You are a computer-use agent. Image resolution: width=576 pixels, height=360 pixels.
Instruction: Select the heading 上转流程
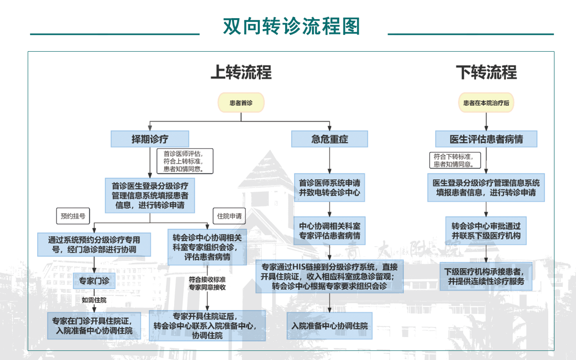[241, 72]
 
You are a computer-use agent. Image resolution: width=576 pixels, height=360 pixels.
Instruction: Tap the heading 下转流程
[486, 72]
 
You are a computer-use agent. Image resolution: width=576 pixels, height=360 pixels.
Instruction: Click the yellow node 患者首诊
[241, 103]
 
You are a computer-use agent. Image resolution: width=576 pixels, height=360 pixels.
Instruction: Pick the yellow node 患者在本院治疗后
[486, 103]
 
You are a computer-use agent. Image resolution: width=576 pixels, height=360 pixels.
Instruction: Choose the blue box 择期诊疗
[150, 139]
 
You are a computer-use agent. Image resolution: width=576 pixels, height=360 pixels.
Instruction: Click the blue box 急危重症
[330, 139]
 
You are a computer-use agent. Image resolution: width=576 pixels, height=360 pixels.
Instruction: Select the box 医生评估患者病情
[486, 139]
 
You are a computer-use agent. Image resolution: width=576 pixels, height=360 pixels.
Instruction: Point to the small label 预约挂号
[73, 216]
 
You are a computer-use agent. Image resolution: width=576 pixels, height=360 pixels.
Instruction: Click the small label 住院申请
[229, 216]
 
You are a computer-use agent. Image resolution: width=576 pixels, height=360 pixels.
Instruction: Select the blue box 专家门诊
[94, 281]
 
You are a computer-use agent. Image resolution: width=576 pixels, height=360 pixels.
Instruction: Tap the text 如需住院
[94, 300]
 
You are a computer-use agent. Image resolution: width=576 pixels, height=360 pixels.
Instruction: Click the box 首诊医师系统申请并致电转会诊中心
[329, 188]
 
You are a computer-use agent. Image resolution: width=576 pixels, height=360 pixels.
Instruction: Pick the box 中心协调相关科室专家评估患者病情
[329, 230]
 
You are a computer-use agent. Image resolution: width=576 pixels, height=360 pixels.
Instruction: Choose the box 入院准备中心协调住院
[330, 326]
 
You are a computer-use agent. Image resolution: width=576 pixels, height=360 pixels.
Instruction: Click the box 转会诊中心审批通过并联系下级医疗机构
[486, 230]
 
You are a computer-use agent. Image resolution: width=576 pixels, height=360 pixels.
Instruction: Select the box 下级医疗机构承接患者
[486, 276]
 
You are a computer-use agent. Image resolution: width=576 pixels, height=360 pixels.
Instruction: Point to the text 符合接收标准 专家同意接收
[207, 283]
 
